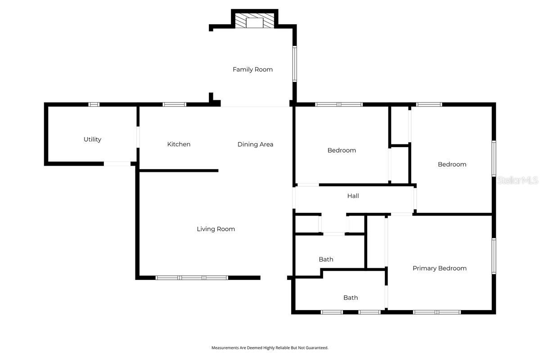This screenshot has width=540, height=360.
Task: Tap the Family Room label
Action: pos(252,69)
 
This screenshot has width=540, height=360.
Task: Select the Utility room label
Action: pos(92,139)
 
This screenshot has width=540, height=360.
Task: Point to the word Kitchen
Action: pos(179,144)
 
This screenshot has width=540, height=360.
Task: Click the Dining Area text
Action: pos(255,144)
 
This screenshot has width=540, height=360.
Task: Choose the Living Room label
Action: pos(216,229)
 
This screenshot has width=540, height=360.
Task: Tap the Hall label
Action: pos(353,196)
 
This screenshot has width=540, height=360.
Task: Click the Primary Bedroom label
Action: pos(439,268)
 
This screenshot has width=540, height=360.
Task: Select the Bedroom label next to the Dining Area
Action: pos(342,150)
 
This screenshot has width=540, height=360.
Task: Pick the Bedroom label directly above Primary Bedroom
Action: pos(452,164)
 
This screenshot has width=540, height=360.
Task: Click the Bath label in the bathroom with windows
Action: pos(351,297)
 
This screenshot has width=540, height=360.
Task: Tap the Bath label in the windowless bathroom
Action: pos(326,259)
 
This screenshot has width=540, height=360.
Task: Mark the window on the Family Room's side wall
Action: pos(295,64)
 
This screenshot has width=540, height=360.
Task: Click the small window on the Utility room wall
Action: pos(94,104)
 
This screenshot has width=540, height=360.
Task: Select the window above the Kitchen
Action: pos(174,104)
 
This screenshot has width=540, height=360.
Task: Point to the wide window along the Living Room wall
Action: pos(192,278)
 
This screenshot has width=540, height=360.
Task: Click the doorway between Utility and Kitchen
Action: pos(138,137)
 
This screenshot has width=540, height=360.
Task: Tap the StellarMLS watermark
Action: pos(517,180)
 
